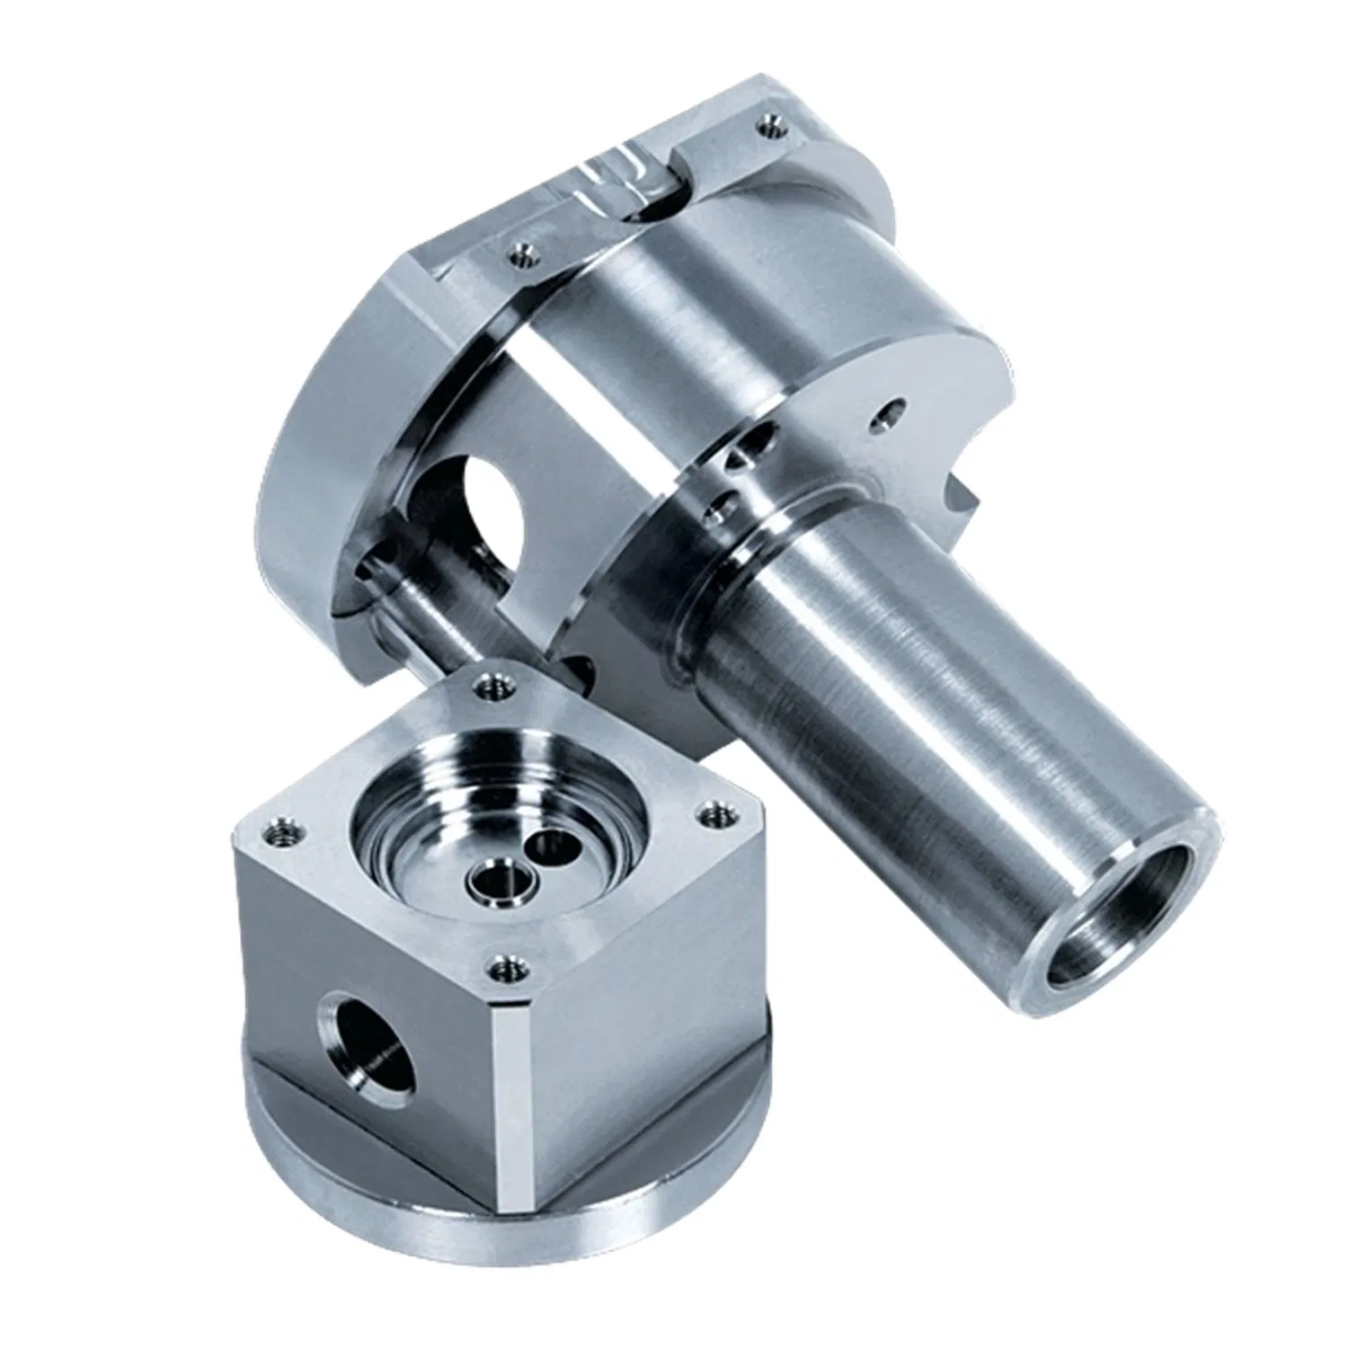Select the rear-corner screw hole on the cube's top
[x=492, y=688]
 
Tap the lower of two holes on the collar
[x=718, y=513]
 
